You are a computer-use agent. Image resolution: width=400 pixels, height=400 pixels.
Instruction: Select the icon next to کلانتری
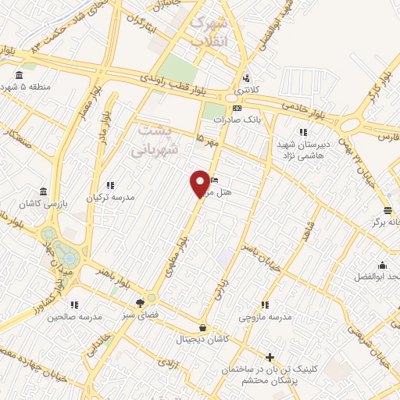[x=247, y=77]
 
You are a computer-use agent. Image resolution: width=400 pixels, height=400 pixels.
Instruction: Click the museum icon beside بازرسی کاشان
[x=41, y=191]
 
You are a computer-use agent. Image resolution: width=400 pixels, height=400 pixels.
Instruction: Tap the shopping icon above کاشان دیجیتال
[x=204, y=327]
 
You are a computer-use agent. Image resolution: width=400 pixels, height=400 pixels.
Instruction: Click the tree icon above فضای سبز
[x=140, y=303]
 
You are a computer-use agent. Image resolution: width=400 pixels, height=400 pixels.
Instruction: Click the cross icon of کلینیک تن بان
[x=270, y=357]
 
